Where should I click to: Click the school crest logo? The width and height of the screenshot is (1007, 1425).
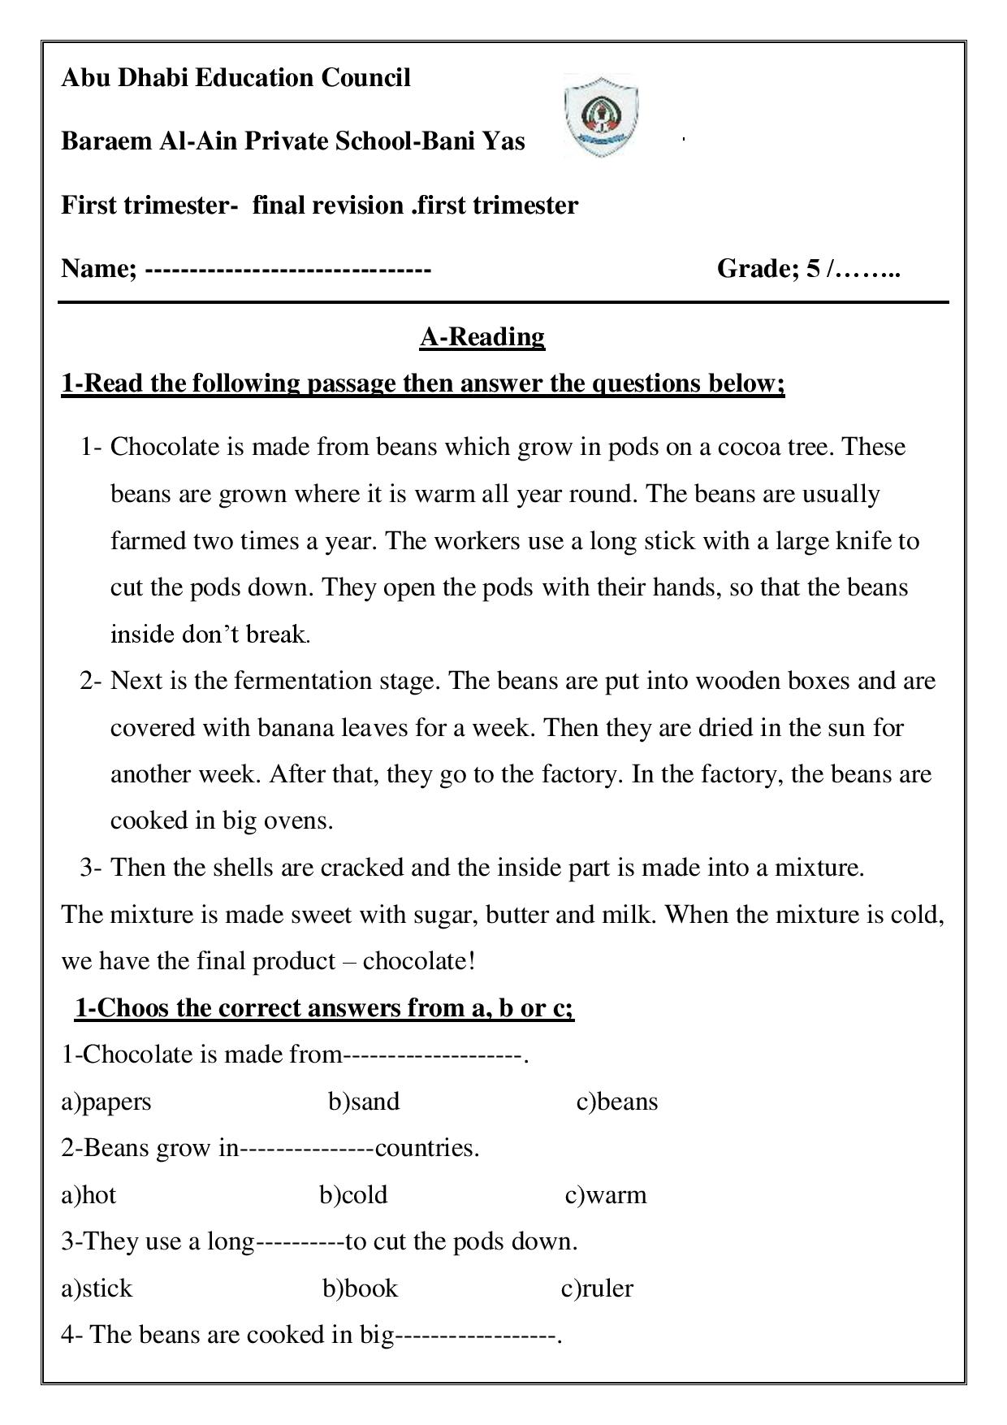(600, 115)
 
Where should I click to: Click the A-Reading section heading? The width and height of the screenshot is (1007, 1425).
(482, 336)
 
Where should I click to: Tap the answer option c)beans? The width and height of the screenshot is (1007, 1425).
(617, 1102)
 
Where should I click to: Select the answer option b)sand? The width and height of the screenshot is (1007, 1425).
(364, 1102)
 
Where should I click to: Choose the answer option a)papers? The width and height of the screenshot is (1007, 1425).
(106, 1102)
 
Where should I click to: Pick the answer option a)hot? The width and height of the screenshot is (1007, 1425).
(89, 1195)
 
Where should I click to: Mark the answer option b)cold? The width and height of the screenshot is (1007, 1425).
(353, 1195)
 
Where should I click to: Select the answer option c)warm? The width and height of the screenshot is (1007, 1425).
(606, 1195)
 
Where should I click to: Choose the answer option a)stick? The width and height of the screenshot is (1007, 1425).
(97, 1289)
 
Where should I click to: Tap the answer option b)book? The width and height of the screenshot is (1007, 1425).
(361, 1289)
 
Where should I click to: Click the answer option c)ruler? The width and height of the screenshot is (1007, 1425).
(597, 1289)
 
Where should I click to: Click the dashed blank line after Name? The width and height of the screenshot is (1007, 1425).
(287, 269)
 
